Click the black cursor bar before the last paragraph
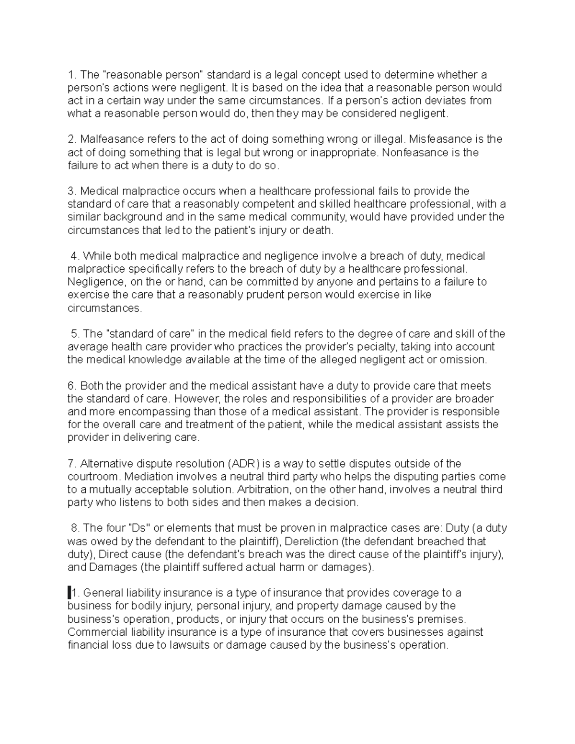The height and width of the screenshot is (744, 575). click(69, 593)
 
